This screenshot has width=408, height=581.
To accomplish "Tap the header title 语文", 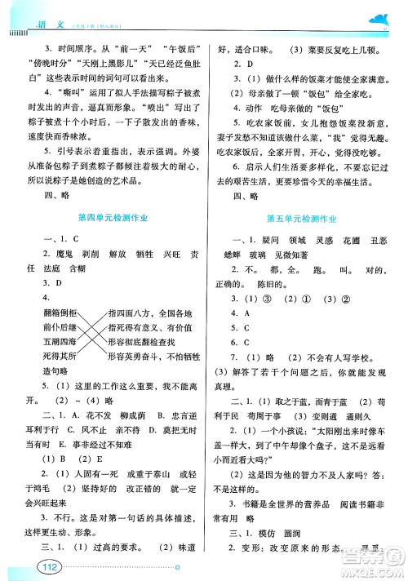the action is click(35, 9).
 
